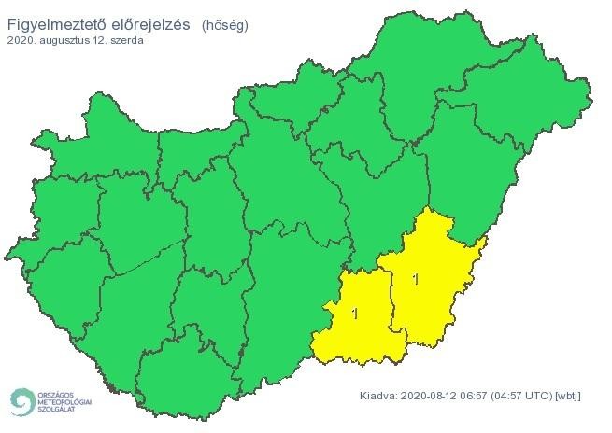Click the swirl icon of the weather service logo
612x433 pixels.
[x=20, y=401]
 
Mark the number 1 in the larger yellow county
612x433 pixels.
[x=415, y=278]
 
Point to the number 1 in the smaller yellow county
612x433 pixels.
[x=354, y=314]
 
